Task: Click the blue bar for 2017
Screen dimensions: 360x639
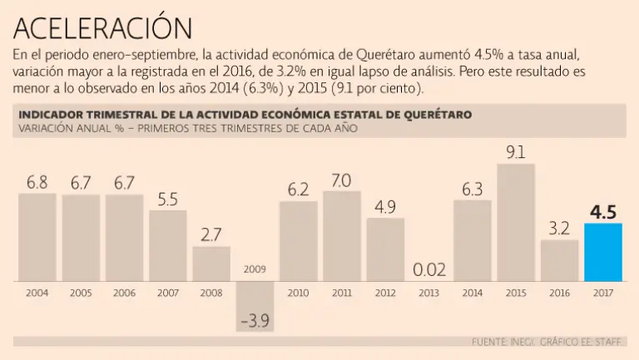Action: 603,252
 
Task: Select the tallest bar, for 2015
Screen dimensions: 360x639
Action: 516,222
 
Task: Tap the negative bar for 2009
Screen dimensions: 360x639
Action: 255,305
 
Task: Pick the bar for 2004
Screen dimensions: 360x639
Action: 37,237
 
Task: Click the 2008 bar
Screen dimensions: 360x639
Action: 211,264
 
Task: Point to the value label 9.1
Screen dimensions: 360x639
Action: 516,152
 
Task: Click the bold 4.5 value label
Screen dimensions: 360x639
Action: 603,212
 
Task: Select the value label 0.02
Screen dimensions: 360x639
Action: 429,269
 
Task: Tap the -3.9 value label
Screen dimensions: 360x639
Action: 255,320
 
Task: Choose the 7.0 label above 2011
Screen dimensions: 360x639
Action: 342,180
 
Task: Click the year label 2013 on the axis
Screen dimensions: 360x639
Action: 429,293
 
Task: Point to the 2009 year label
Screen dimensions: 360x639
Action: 255,269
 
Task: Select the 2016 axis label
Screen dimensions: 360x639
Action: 560,293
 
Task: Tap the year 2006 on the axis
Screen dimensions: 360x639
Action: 124,293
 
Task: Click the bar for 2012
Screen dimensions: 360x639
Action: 385,249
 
